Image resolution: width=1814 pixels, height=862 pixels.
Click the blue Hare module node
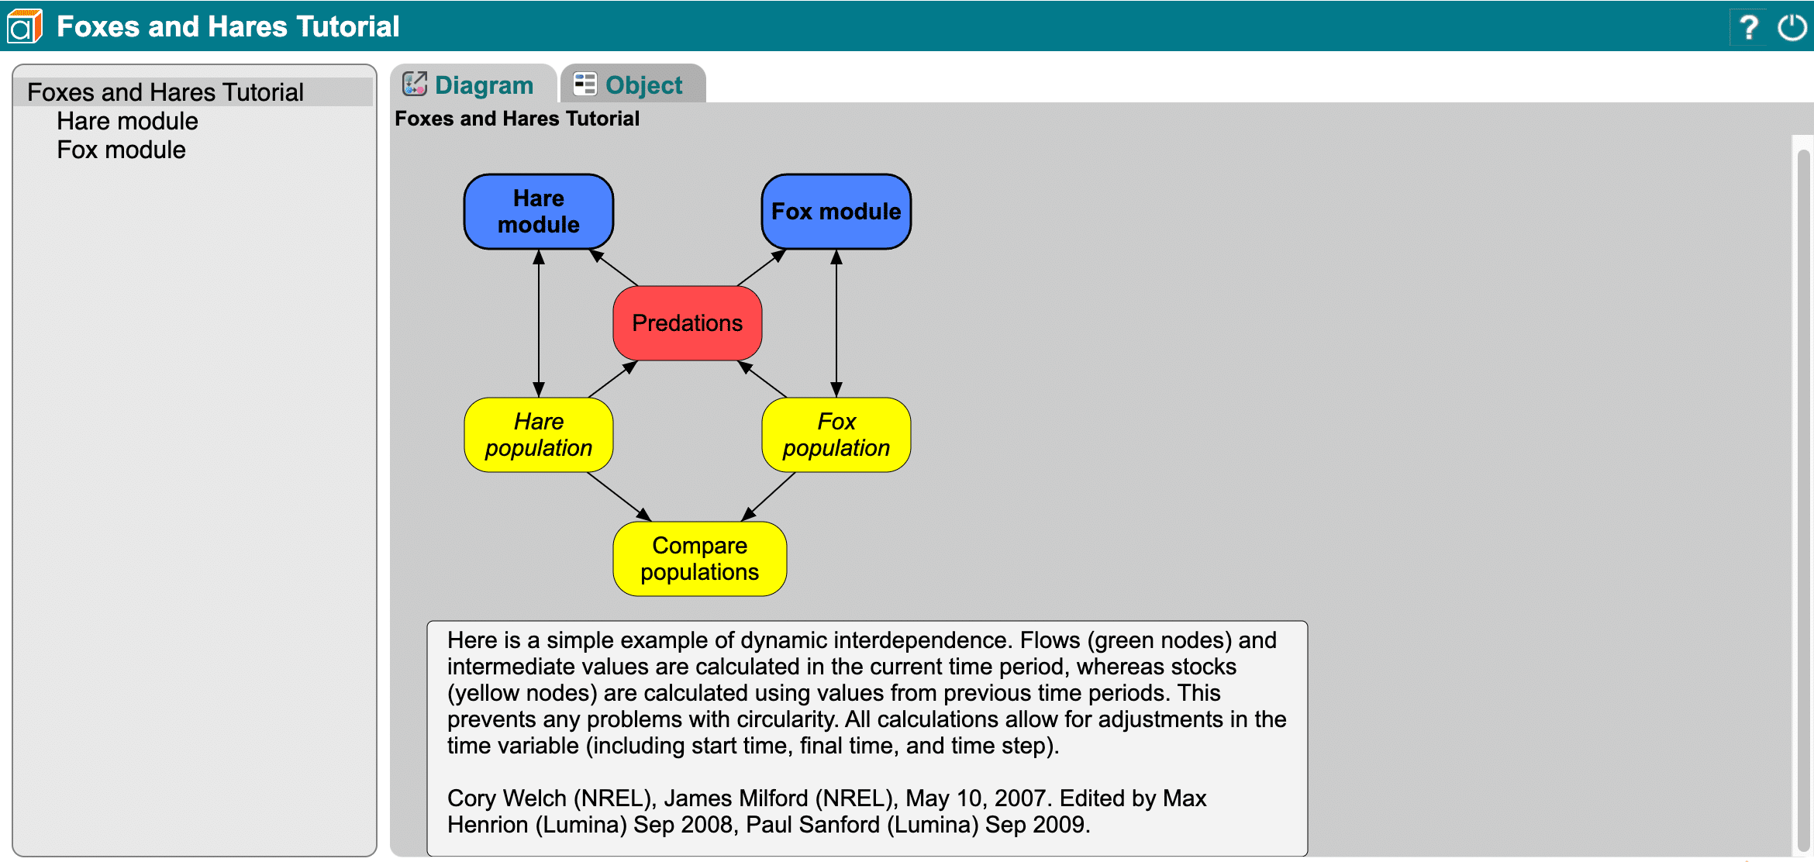click(x=538, y=212)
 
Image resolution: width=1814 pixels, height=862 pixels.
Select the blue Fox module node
click(x=836, y=212)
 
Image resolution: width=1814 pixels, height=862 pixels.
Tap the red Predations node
click(x=687, y=323)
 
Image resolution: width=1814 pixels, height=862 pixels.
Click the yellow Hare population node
click(x=538, y=435)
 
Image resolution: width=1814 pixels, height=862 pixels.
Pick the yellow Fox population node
click(x=836, y=435)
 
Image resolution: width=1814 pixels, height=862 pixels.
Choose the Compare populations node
click(x=699, y=559)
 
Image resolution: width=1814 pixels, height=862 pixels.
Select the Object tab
click(x=632, y=84)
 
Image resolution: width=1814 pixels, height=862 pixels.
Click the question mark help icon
click(x=1748, y=27)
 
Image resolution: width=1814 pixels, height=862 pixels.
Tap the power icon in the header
click(x=1792, y=27)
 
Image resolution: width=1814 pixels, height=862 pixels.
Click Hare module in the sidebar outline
click(x=127, y=121)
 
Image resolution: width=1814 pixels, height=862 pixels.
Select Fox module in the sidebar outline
click(x=121, y=150)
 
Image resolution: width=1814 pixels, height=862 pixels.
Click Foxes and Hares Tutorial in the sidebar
click(x=165, y=92)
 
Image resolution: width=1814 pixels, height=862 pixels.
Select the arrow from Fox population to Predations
click(x=763, y=379)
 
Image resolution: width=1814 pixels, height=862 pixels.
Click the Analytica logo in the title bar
click(x=24, y=26)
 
